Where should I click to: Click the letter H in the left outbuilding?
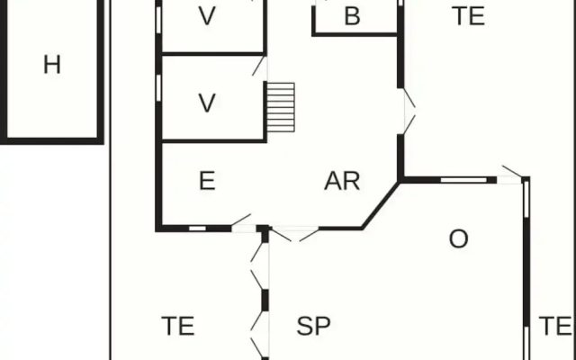coord(52,65)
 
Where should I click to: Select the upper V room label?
coord(207,16)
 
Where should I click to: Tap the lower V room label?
coord(207,103)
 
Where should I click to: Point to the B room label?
coord(352,16)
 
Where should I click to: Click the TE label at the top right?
coord(470,16)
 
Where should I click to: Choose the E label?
coord(207,181)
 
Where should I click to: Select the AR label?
coord(342,181)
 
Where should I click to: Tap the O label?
coord(458,238)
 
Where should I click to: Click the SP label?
coord(313,326)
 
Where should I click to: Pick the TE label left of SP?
coord(178,326)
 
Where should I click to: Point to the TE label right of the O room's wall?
coord(554,326)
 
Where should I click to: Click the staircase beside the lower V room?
coord(281,107)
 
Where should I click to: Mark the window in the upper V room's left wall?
coord(158,20)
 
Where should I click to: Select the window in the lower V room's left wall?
coord(158,88)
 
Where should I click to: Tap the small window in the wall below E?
coord(197,229)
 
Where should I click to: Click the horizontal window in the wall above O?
coord(463,180)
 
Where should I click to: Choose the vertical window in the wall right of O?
coord(526,198)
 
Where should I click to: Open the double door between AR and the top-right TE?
coord(409,112)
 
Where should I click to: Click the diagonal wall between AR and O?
coord(381,205)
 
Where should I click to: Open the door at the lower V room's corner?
coord(259,66)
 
